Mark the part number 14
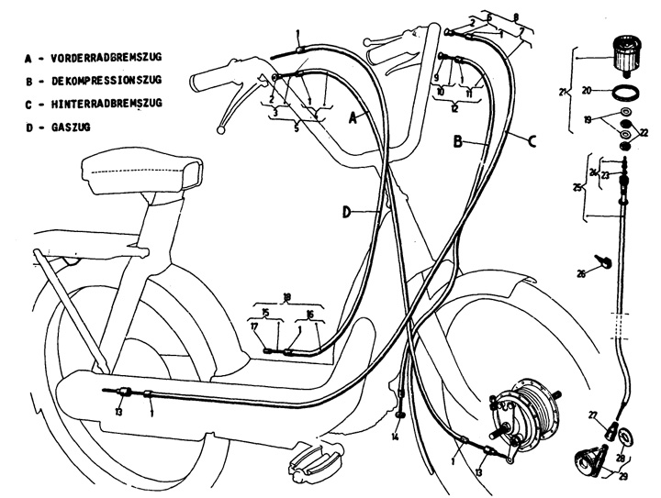[x=394, y=437]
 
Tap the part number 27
[x=592, y=414]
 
